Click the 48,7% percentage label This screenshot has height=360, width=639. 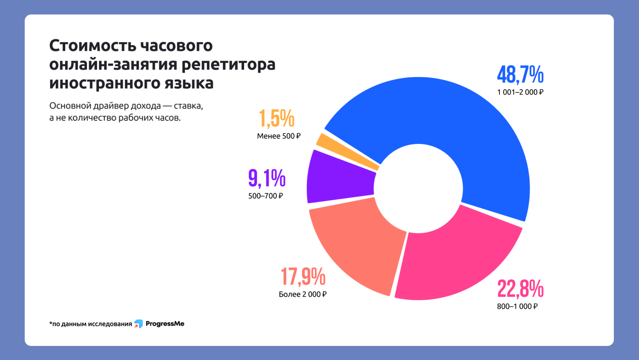point(520,75)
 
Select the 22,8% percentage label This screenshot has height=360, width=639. point(520,288)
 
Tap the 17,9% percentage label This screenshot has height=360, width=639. point(303,276)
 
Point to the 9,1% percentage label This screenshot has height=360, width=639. point(267,178)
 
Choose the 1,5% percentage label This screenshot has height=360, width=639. point(276,118)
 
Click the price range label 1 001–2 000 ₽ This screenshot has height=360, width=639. point(520,92)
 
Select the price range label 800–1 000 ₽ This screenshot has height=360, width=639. point(517,306)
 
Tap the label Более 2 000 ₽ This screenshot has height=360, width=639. point(302,294)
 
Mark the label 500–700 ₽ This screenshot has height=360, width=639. point(265,196)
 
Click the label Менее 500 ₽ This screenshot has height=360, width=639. point(279,136)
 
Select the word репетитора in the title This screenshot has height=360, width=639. point(228,64)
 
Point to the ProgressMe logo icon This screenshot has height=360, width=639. point(138,324)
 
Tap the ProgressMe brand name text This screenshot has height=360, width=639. point(165,324)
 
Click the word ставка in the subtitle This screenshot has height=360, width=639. point(188,106)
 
